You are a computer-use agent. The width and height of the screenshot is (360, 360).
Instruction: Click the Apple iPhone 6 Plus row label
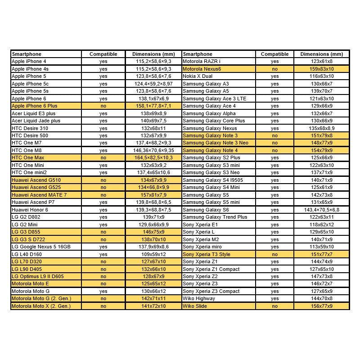[x=34, y=106]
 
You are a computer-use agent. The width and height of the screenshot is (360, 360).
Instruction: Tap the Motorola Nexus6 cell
[x=202, y=69]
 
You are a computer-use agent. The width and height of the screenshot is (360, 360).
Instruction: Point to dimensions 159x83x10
[x=321, y=69]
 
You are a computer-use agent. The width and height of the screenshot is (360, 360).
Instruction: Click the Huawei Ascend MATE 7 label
[x=39, y=195]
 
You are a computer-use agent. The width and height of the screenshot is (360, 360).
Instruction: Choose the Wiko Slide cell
[x=195, y=306]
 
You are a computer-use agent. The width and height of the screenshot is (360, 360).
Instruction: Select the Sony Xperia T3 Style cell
[x=206, y=254]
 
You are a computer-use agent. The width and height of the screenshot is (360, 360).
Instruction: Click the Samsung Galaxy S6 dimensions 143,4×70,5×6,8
[x=321, y=210]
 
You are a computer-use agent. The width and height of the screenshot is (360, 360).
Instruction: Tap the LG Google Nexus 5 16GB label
[x=41, y=247]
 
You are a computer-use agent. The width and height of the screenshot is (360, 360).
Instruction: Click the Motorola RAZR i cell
[x=202, y=61]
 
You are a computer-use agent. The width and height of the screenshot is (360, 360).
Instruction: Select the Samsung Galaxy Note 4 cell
[x=210, y=150]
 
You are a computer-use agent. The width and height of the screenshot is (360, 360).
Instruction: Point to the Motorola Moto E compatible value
[x=103, y=284]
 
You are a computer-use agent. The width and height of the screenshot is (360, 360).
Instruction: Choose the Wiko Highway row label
[x=198, y=299]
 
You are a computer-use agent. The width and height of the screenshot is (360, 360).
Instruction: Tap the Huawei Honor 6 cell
[x=30, y=210]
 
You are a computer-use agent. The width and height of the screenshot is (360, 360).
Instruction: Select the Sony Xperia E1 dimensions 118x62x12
[x=321, y=225]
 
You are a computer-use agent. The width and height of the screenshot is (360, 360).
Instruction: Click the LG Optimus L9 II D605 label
[x=38, y=276]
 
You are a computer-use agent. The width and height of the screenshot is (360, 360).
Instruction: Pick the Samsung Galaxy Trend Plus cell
[x=215, y=217]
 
